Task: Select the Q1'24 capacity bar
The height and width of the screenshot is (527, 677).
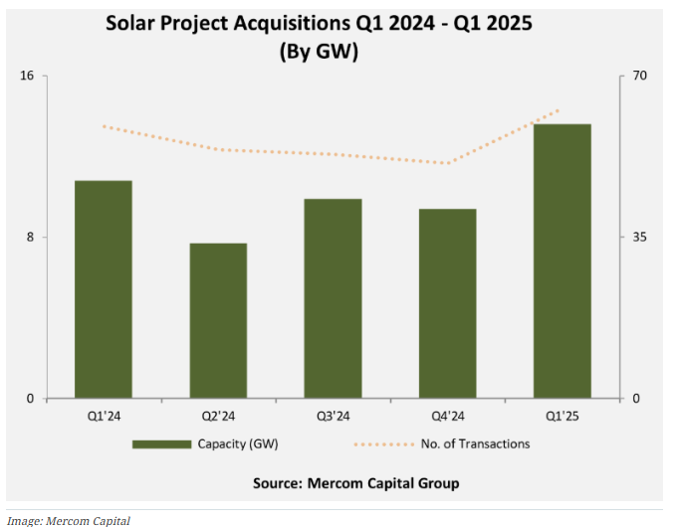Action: [x=104, y=289]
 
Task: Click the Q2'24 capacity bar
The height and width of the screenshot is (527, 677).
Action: [x=218, y=321]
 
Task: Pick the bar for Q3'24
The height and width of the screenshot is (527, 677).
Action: [x=333, y=298]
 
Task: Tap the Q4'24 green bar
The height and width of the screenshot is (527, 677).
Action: [x=448, y=303]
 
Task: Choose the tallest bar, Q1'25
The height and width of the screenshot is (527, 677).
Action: [x=563, y=262]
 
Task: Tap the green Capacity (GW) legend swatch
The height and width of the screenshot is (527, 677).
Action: [x=160, y=443]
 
